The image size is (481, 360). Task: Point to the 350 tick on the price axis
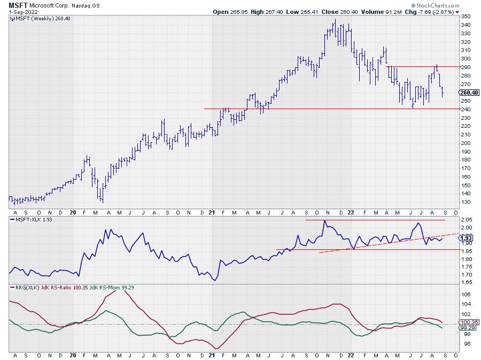(466, 16)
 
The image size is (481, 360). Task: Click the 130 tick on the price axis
(466, 202)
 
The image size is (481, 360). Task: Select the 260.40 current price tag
(469, 92)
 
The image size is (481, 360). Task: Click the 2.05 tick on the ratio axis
(467, 220)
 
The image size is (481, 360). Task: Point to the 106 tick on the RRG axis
(466, 294)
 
